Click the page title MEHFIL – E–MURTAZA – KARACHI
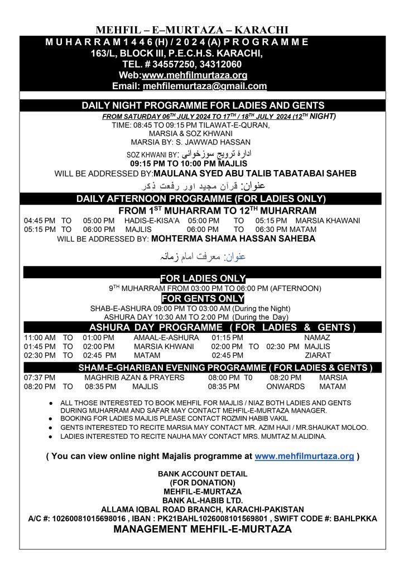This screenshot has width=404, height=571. [192, 30]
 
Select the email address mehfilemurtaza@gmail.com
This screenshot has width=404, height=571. [205, 86]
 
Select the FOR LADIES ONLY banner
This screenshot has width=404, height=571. [203, 278]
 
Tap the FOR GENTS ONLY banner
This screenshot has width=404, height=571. [203, 298]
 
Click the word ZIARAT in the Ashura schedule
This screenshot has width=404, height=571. [318, 355]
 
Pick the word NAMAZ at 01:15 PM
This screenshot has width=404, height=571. [318, 338]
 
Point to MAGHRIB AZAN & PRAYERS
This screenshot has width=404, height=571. [134, 378]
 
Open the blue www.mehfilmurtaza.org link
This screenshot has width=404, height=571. [304, 456]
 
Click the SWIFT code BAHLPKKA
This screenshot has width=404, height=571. [357, 519]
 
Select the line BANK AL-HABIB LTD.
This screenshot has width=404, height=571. [202, 500]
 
